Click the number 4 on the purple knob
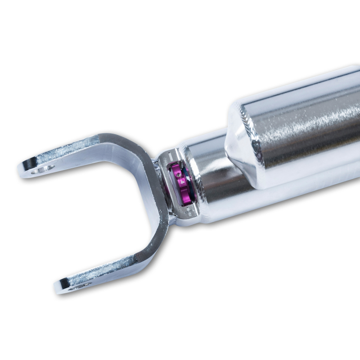(x=182, y=183)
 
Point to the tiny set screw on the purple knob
(x=179, y=172)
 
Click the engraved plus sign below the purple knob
(x=189, y=211)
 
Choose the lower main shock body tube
(x=270, y=198)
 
